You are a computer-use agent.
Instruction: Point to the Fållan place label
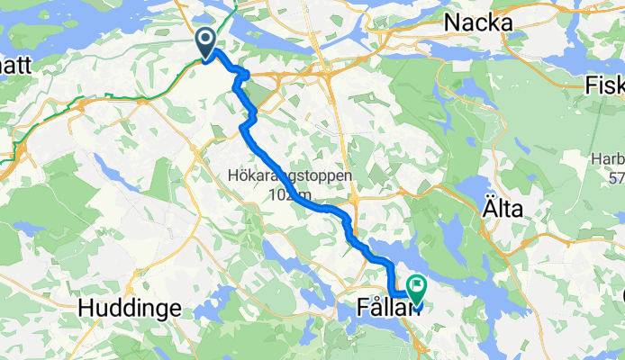383,308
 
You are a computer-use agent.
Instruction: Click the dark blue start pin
206,41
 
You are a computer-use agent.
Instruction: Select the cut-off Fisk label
604,85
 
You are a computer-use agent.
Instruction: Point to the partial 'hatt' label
15,65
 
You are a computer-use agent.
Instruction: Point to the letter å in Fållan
369,307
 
